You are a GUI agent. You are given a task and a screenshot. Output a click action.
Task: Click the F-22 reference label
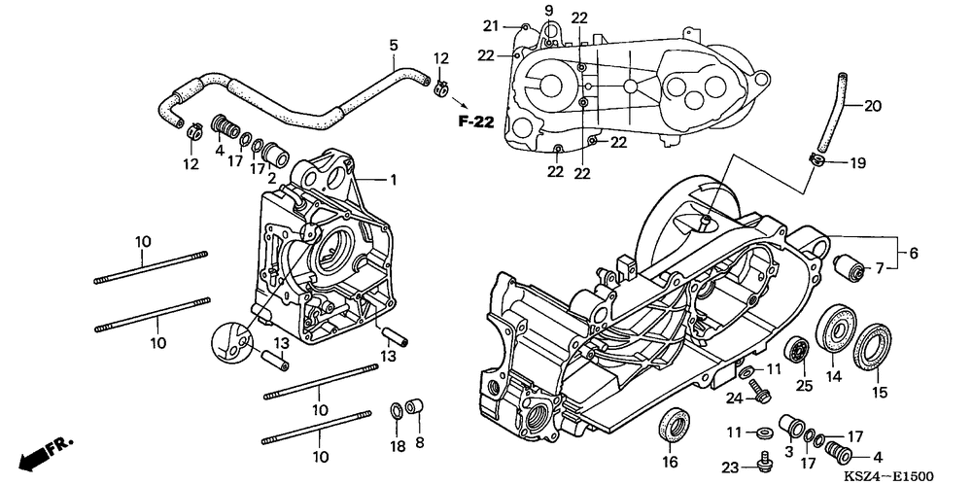pos(477,122)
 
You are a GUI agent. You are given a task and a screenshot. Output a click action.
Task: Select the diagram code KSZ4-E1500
pos(887,475)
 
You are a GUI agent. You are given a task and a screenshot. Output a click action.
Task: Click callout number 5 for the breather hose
pos(394,45)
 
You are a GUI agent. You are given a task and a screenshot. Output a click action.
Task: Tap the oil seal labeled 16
pos(671,425)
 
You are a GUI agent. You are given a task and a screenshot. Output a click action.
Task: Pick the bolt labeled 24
pos(761,396)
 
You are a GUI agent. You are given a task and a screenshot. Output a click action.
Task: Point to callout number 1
pos(366,179)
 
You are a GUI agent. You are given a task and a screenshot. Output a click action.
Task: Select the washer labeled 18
pos(398,409)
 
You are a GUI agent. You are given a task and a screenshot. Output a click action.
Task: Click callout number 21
pos(491,25)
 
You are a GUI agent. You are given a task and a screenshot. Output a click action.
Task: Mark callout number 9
pos(547,10)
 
